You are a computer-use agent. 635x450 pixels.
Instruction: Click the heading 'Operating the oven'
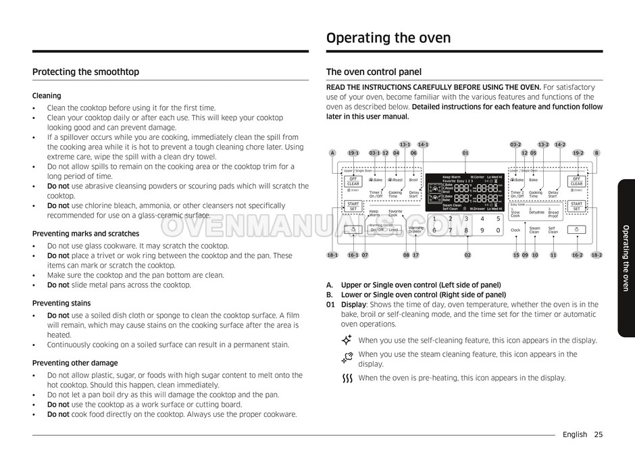click(x=388, y=38)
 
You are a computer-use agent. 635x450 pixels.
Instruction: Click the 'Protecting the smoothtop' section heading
click(x=86, y=72)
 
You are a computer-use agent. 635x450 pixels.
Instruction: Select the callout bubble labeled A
click(x=332, y=153)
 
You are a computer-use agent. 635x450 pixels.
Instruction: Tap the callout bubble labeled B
click(x=596, y=153)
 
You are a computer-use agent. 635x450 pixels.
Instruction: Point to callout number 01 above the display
click(x=465, y=153)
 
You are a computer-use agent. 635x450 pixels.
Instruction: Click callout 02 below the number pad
click(x=467, y=255)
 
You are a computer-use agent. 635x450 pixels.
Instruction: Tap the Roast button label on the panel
click(x=397, y=180)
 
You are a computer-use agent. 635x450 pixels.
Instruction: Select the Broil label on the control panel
click(x=413, y=180)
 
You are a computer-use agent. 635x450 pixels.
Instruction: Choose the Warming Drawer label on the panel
click(x=415, y=230)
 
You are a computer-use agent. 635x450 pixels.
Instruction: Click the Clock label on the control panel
click(x=515, y=230)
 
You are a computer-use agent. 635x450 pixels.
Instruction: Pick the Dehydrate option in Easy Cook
click(x=536, y=212)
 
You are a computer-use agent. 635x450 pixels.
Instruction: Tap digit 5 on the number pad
click(x=498, y=218)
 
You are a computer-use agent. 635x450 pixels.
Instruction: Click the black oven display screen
click(x=465, y=193)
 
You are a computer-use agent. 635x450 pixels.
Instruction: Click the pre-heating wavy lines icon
click(x=348, y=378)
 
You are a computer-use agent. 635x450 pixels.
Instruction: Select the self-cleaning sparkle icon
click(x=347, y=340)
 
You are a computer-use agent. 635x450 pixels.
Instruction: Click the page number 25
click(x=599, y=434)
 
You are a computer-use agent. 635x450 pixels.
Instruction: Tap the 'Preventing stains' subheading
click(x=61, y=303)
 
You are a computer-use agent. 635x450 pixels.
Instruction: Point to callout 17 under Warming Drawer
click(x=415, y=255)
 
